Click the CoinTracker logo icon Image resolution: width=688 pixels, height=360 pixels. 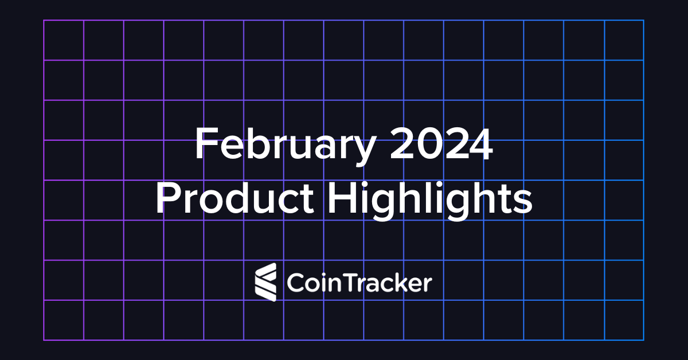click(265, 282)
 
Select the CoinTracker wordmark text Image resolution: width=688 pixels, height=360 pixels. click(358, 283)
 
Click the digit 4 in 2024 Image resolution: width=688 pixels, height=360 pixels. click(480, 144)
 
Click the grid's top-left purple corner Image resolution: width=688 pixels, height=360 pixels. click(44, 21)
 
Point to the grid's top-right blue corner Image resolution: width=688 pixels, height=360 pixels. click(643, 21)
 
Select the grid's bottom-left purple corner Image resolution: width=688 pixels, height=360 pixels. click(44, 340)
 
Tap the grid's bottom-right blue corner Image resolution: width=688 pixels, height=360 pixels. click(643, 340)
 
